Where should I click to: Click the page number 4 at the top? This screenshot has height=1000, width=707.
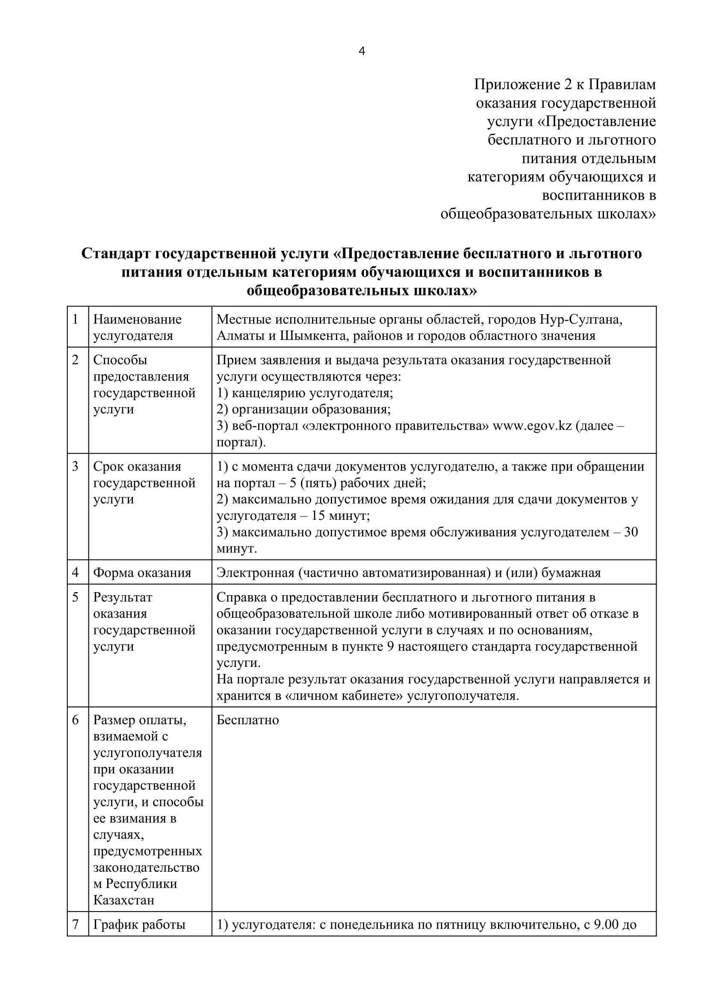tap(361, 52)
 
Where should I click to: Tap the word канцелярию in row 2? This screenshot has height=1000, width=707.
tap(270, 393)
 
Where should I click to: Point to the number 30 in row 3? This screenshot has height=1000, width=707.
tap(631, 532)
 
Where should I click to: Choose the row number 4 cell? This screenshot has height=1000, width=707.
tap(75, 573)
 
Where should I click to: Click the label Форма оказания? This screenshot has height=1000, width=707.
tap(142, 573)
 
